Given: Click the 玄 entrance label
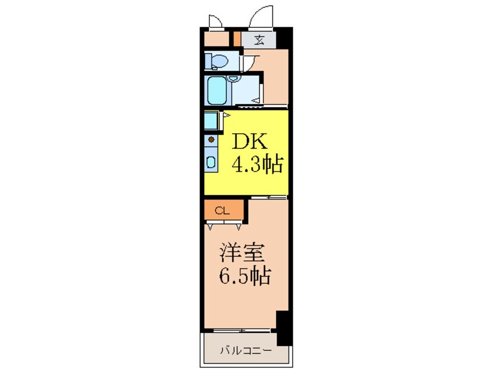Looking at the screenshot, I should pyautogui.click(x=259, y=40).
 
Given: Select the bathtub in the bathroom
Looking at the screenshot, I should pyautogui.click(x=217, y=90).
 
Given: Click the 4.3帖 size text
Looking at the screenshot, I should pyautogui.click(x=257, y=166).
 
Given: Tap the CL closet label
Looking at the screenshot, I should pyautogui.click(x=220, y=211).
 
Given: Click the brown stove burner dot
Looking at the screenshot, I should pyautogui.click(x=211, y=140).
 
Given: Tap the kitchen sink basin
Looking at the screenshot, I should pyautogui.click(x=211, y=162).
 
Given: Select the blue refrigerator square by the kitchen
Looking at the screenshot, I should pyautogui.click(x=210, y=121).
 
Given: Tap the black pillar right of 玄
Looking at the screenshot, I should pyautogui.click(x=283, y=39).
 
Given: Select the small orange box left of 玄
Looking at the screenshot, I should pyautogui.click(x=237, y=39).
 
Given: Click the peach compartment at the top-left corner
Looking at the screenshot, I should pyautogui.click(x=217, y=39).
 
